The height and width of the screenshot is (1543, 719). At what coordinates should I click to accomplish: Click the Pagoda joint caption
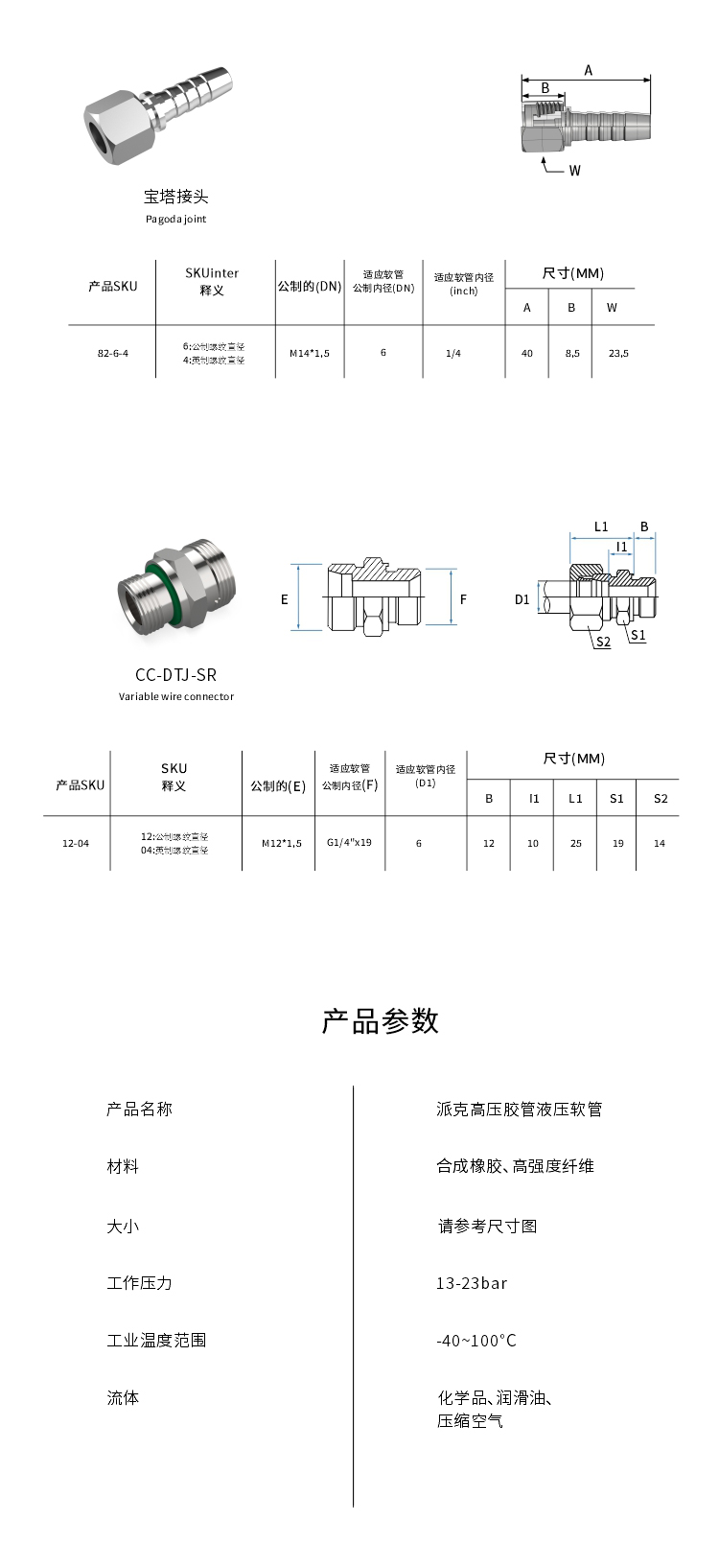pos(175,219)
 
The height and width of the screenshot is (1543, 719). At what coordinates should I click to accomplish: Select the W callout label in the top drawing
pos(575,171)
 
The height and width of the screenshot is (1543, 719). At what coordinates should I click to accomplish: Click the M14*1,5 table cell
pos(310,353)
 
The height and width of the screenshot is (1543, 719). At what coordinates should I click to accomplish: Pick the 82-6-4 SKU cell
pos(112,353)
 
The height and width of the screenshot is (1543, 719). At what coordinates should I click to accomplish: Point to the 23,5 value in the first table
pos(618,353)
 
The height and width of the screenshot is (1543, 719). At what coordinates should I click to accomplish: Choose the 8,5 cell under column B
pos(571,353)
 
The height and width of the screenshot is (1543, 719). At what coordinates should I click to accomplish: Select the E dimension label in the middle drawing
pos(285,599)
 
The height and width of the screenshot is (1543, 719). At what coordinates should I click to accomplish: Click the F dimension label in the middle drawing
pos(463,599)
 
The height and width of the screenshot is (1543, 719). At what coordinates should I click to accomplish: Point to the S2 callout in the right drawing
pos(603,642)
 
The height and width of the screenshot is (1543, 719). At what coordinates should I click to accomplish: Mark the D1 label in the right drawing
pos(522,600)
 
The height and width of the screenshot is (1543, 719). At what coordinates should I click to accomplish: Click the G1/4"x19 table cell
pos(349,842)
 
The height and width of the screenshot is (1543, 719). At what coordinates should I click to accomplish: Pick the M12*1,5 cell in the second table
pos(282,843)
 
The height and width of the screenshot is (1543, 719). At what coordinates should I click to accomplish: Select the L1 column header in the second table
pos(575,798)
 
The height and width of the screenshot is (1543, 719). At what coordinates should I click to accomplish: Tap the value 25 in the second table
pos(575,843)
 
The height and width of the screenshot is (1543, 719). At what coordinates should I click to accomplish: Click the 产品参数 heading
pos(380,1020)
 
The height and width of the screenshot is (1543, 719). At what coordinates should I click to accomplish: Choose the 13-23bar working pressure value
pos(472,1283)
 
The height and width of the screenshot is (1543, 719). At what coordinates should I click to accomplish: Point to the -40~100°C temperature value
pos(476,1341)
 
